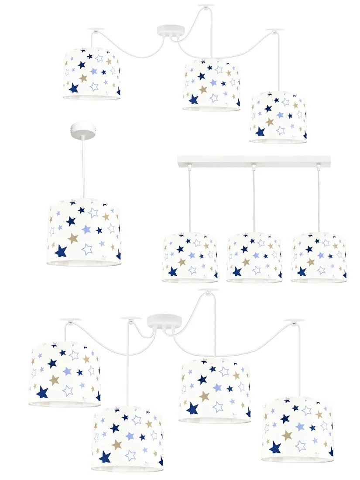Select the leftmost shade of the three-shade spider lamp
point(92,73)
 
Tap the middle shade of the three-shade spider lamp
point(211,85)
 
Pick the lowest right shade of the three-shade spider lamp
point(278,117)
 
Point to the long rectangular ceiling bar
point(254,160)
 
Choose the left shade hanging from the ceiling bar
point(190,257)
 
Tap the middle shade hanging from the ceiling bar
point(254,257)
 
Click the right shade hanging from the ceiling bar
point(319,257)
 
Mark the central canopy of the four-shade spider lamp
point(164,322)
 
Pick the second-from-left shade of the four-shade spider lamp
point(127,439)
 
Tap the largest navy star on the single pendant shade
point(61,251)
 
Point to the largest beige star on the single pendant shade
point(73,238)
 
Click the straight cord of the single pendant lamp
point(83,166)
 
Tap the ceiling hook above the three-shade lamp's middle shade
point(206,6)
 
